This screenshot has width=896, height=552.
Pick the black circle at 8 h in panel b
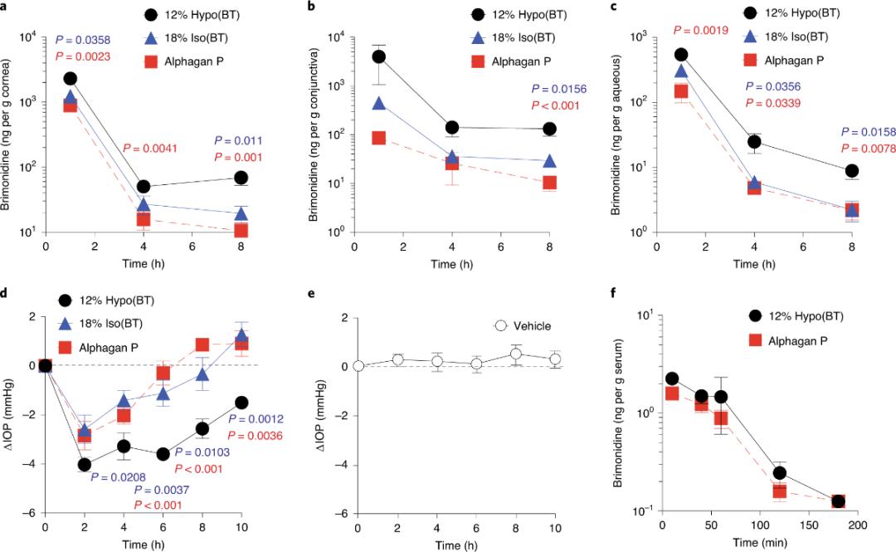pos(549,129)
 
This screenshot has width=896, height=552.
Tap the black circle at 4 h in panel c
pos(755,143)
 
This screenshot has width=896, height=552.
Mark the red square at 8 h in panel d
pos(202,344)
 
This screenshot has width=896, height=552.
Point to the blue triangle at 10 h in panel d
pos(241,335)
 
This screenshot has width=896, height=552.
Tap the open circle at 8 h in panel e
pos(516,354)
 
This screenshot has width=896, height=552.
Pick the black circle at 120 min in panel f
pos(780,473)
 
